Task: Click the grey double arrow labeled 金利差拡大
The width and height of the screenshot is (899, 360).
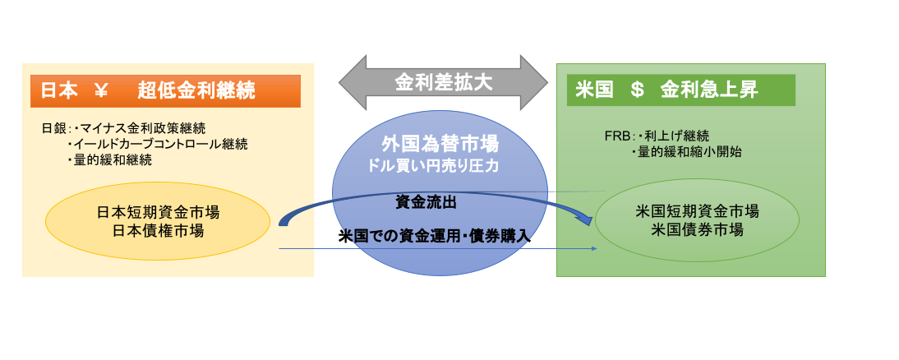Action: coord(443,82)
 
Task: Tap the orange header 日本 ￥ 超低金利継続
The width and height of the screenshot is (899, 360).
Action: coord(166,91)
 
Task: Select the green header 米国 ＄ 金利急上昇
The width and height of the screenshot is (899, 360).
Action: coord(681,90)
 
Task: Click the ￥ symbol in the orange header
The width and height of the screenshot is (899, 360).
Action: coord(100,91)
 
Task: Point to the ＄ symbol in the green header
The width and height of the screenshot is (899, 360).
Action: coord(636,90)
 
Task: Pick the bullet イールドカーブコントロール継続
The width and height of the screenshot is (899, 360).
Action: coord(158,144)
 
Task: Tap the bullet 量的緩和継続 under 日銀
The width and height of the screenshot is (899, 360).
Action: coord(110,160)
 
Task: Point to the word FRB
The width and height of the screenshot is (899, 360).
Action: coord(617,136)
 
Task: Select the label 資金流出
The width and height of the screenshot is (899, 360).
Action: coord(426,202)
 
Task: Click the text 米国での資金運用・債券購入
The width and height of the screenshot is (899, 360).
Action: coord(434,236)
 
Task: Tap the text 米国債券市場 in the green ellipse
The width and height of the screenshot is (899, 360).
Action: coord(697,229)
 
